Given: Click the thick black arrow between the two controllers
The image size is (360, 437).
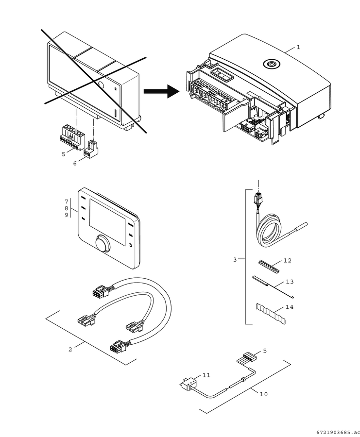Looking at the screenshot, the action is (161, 91).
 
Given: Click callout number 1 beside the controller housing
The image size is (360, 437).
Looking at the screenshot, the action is (298, 47).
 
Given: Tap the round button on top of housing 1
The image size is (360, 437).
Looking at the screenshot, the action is (271, 64).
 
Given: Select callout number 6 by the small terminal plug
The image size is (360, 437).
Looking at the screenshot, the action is (75, 163).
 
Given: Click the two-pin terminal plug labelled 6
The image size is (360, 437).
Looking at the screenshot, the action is (91, 149).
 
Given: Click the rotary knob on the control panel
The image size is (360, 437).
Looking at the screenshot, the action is (103, 244).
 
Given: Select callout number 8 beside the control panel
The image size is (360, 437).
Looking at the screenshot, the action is (67, 208).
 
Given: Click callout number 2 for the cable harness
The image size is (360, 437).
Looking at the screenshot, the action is (70, 349).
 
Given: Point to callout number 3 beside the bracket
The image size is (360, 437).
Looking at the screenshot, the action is (235, 260).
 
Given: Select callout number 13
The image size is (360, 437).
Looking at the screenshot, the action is (290, 282).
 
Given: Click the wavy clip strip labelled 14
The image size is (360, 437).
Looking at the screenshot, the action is (271, 314).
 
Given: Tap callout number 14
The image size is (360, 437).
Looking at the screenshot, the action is (290, 307).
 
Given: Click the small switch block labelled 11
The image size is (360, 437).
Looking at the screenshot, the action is (188, 384).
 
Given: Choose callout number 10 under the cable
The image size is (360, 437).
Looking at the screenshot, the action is (263, 394).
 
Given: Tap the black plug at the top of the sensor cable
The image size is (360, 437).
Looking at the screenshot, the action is (258, 199).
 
